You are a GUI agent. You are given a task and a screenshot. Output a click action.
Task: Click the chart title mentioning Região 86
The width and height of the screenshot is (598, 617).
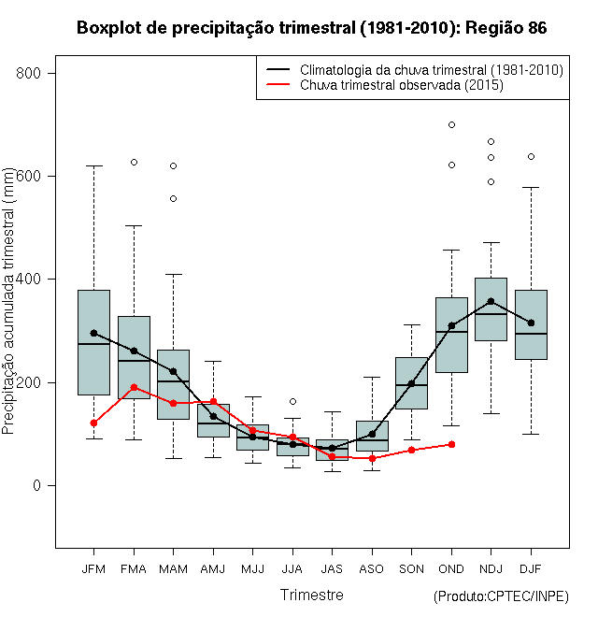(x=311, y=29)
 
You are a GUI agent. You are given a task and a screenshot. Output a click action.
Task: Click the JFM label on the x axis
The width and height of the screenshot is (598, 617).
(x=93, y=568)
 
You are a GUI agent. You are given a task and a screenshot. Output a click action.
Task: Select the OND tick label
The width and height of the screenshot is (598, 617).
(x=451, y=568)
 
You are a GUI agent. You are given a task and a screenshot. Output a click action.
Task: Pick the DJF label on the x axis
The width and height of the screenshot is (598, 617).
(x=531, y=568)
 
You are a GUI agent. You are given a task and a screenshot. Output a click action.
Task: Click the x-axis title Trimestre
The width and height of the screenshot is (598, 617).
(x=311, y=595)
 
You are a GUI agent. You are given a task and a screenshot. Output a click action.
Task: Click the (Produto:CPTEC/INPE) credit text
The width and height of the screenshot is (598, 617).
(x=501, y=596)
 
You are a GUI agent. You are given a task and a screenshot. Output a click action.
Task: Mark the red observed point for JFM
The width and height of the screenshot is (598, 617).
(x=93, y=423)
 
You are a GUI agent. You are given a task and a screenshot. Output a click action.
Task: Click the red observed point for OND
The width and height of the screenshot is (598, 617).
(x=451, y=444)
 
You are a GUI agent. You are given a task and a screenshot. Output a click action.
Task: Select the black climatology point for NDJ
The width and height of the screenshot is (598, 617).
(x=491, y=301)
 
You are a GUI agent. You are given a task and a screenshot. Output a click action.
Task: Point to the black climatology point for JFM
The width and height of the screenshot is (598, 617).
(x=93, y=333)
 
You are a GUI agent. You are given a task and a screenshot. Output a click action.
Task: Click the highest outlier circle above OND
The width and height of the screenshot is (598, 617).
(x=451, y=124)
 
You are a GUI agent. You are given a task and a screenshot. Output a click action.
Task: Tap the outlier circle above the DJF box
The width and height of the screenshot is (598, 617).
(x=531, y=156)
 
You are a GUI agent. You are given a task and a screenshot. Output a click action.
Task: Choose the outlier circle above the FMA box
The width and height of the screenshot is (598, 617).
(x=134, y=162)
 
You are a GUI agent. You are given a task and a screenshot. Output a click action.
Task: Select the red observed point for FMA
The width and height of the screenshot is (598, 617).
(x=134, y=387)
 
